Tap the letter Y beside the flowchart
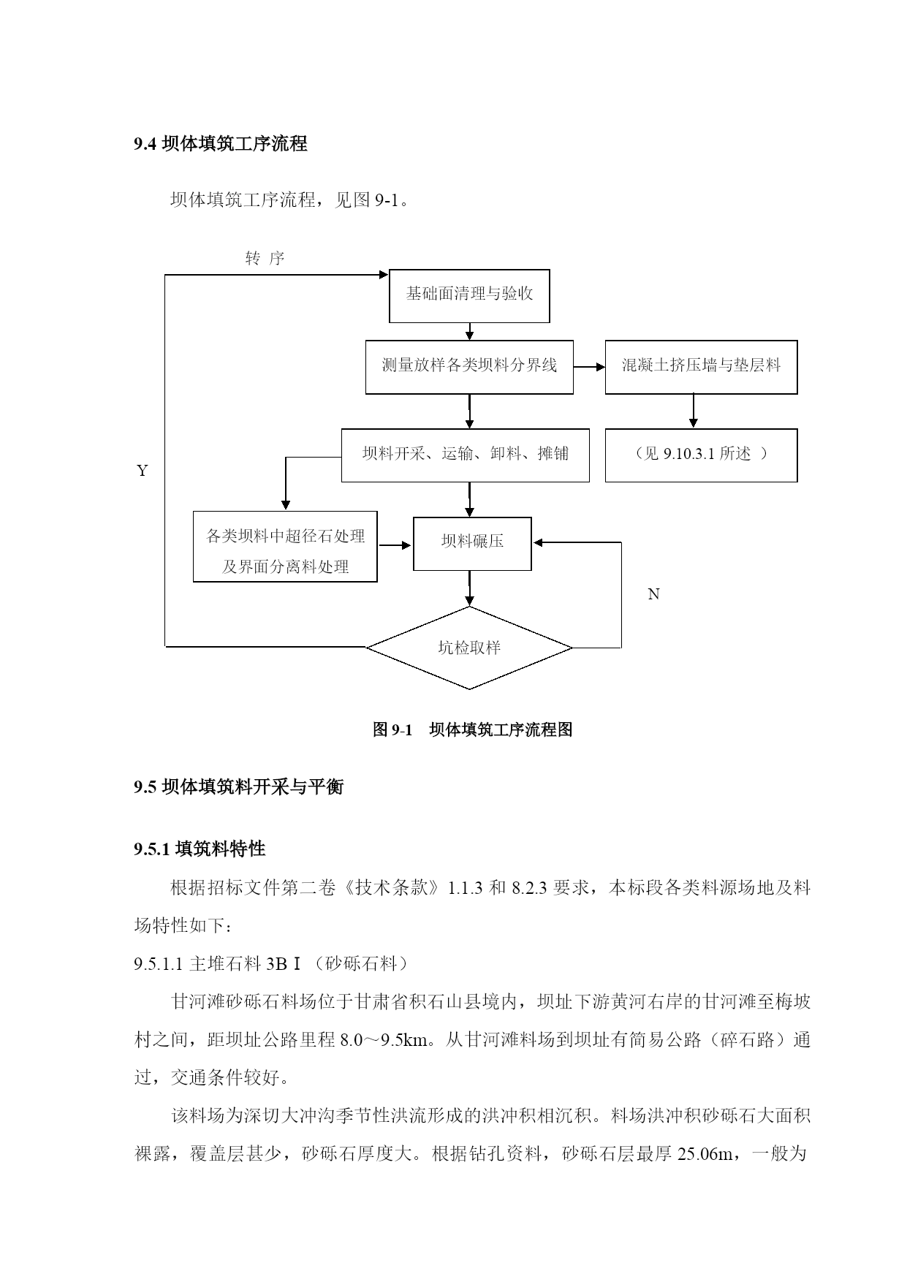coord(143,471)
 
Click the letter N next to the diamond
coord(653,594)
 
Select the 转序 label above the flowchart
coord(265,258)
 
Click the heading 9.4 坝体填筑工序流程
coord(221,144)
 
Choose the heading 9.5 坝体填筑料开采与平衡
coord(238,787)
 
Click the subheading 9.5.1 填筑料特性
coord(200,849)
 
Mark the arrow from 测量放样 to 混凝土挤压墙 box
coord(590,367)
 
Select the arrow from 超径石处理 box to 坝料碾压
coord(395,545)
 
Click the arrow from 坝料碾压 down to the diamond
coord(469,588)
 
